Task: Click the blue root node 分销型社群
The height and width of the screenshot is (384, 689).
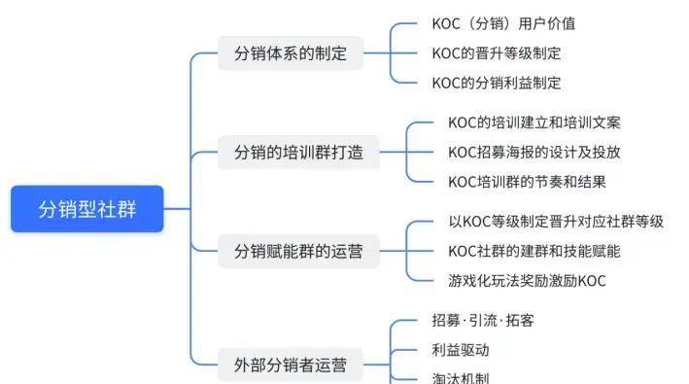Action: tap(87, 209)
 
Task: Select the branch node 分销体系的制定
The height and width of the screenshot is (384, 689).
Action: tap(290, 53)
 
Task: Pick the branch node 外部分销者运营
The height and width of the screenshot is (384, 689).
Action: tap(290, 366)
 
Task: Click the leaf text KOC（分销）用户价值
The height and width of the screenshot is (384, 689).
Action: tap(503, 23)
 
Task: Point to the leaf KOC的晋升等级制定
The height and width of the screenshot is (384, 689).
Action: tap(496, 53)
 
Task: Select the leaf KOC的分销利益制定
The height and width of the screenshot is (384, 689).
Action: tap(496, 83)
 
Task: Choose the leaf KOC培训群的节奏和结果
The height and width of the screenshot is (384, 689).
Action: tap(527, 182)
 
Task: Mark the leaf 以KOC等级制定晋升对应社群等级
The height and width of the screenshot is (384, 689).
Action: tap(555, 222)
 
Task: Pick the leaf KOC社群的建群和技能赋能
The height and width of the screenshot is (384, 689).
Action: tap(534, 251)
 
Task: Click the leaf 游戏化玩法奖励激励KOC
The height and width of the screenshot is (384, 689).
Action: tap(527, 281)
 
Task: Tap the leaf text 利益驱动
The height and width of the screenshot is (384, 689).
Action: tap(460, 350)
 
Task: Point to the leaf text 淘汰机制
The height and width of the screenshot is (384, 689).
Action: tap(460, 378)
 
